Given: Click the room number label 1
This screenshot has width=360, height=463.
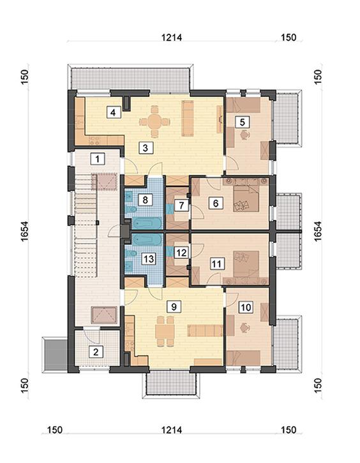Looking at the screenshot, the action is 97,159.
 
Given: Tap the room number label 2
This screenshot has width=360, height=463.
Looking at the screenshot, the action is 96,351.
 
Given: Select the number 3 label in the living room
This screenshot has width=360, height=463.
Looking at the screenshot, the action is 146,147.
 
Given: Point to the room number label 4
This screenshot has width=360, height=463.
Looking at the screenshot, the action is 113,112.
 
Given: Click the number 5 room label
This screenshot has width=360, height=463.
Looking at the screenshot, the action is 243,122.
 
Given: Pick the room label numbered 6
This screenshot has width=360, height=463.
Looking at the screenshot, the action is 216,203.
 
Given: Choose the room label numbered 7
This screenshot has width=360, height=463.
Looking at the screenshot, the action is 181,205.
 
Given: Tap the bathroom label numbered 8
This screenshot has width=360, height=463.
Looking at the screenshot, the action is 145,200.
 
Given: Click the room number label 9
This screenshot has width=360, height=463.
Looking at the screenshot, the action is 174,307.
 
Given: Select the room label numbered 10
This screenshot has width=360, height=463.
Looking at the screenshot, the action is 246,307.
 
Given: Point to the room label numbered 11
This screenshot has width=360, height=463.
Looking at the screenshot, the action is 216,263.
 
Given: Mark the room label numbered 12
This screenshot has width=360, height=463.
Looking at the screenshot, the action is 181,253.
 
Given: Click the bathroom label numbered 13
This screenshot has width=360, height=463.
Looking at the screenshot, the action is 148,259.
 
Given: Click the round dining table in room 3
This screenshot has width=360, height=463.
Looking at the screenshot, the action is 154,121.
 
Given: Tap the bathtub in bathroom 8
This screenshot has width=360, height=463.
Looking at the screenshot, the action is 147,223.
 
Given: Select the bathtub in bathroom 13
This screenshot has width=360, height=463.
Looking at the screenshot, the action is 147,240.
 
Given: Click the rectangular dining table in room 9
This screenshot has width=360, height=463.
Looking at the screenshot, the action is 165,331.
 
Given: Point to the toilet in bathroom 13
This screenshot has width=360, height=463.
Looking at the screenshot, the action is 131,254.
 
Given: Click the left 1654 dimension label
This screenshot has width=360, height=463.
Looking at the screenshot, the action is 25,231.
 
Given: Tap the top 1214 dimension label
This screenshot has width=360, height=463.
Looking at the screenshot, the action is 172,38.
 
